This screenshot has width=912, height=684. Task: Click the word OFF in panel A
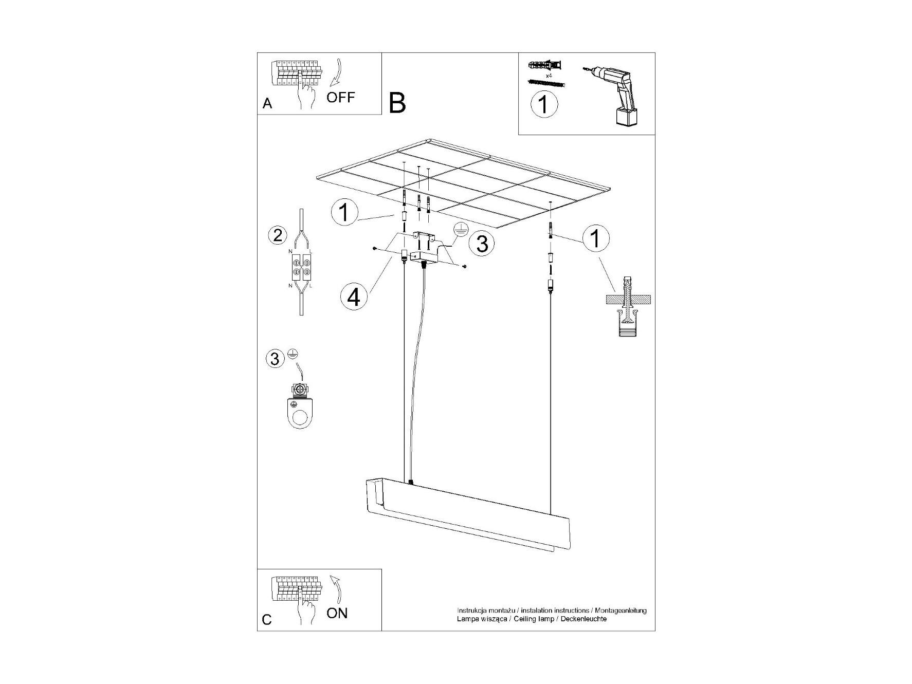[340, 97]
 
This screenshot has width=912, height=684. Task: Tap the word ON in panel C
[337, 613]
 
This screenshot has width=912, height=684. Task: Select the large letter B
[397, 103]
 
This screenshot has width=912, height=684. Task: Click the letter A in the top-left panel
[267, 103]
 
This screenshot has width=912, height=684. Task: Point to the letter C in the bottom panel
[267, 620]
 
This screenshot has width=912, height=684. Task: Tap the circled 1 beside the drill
[544, 104]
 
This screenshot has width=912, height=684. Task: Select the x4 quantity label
[549, 76]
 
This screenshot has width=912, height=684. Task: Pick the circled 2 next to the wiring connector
[278, 235]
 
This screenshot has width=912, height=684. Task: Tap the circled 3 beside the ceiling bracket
[482, 244]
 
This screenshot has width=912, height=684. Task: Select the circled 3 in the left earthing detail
[275, 358]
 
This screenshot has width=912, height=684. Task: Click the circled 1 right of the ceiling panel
[596, 238]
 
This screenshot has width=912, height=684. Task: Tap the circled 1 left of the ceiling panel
[344, 212]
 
